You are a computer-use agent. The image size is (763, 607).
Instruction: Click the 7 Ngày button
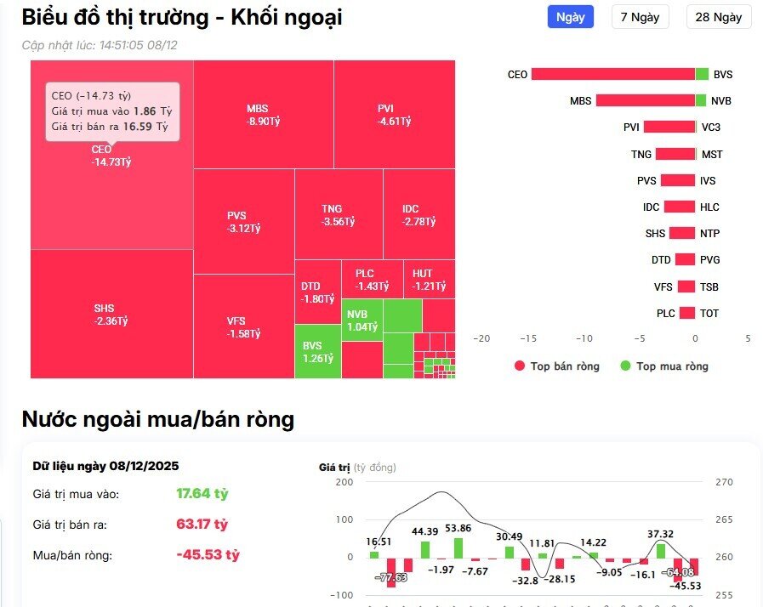pos(640,17)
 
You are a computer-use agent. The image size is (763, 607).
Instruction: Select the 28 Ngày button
pos(718,17)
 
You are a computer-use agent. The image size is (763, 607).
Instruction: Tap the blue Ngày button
pos(570,17)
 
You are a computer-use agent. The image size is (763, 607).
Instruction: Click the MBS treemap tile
pos(264,115)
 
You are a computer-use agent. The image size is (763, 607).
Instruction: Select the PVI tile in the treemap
pos(394,115)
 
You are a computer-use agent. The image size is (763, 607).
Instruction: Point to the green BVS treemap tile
pos(317,351)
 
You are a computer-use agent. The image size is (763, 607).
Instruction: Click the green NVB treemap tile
pos(362,320)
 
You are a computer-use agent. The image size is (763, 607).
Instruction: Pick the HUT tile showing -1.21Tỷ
pos(429,280)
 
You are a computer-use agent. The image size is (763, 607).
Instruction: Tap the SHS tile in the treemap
pos(111,314)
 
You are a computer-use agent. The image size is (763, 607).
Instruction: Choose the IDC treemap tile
pos(419,215)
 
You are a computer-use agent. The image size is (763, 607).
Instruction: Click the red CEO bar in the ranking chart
pos(612,74)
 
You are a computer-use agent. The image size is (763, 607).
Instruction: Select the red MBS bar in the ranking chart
pos(645,100)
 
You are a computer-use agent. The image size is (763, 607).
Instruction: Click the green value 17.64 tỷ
pos(202,493)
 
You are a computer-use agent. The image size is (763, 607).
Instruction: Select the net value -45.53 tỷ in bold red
pos(208,554)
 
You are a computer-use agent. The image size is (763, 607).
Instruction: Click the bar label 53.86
pos(458,529)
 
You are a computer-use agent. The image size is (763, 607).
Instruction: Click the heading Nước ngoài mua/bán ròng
pos(158,418)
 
